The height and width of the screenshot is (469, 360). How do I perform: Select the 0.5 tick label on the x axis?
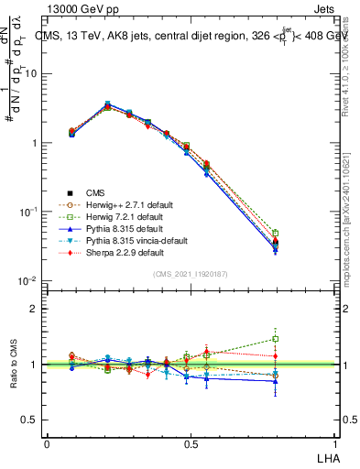(x=191, y=443)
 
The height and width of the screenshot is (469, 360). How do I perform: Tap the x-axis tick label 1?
(x=333, y=443)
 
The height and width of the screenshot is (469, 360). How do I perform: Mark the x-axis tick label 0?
(x=48, y=443)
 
